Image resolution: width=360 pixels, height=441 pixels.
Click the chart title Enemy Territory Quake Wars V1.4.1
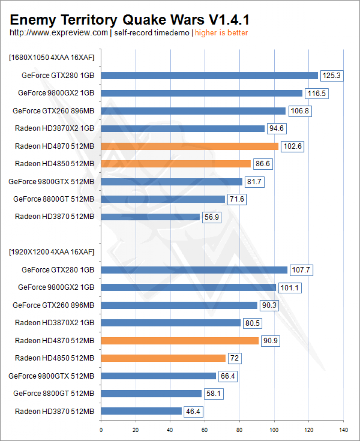pyautogui.click(x=129, y=20)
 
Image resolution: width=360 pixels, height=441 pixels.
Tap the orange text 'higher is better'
pyautogui.click(x=221, y=33)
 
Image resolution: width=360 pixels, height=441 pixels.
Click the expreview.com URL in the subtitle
pyautogui.click(x=59, y=33)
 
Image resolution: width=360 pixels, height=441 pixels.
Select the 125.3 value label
pyautogui.click(x=332, y=76)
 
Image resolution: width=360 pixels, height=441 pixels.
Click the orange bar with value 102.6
pyautogui.click(x=190, y=146)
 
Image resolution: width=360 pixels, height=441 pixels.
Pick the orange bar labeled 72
pyautogui.click(x=163, y=358)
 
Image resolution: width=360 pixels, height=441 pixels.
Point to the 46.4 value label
pyautogui.click(x=193, y=412)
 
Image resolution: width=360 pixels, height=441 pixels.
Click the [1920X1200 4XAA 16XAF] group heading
pyautogui.click(x=51, y=252)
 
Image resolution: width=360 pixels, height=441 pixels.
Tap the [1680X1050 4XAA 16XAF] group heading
pyautogui.click(x=51, y=58)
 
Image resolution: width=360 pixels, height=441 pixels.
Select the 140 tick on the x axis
pyautogui.click(x=343, y=430)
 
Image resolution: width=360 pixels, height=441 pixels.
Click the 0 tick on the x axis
pyautogui.click(x=101, y=430)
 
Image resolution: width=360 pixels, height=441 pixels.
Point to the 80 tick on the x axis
pyautogui.click(x=240, y=430)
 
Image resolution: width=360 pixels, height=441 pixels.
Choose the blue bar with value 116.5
pyautogui.click(x=202, y=93)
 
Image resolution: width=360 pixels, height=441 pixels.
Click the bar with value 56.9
pyautogui.click(x=150, y=217)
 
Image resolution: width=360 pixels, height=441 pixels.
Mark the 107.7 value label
pyautogui.click(x=301, y=270)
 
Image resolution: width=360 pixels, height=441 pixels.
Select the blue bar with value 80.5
pyautogui.click(x=171, y=323)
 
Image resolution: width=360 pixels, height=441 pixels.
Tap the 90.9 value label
pyautogui.click(x=270, y=341)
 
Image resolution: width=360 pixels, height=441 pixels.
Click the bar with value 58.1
pyautogui.click(x=151, y=394)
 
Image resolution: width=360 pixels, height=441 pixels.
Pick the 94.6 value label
pyautogui.click(x=277, y=128)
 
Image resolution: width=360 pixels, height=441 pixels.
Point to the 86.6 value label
pyautogui.click(x=263, y=164)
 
